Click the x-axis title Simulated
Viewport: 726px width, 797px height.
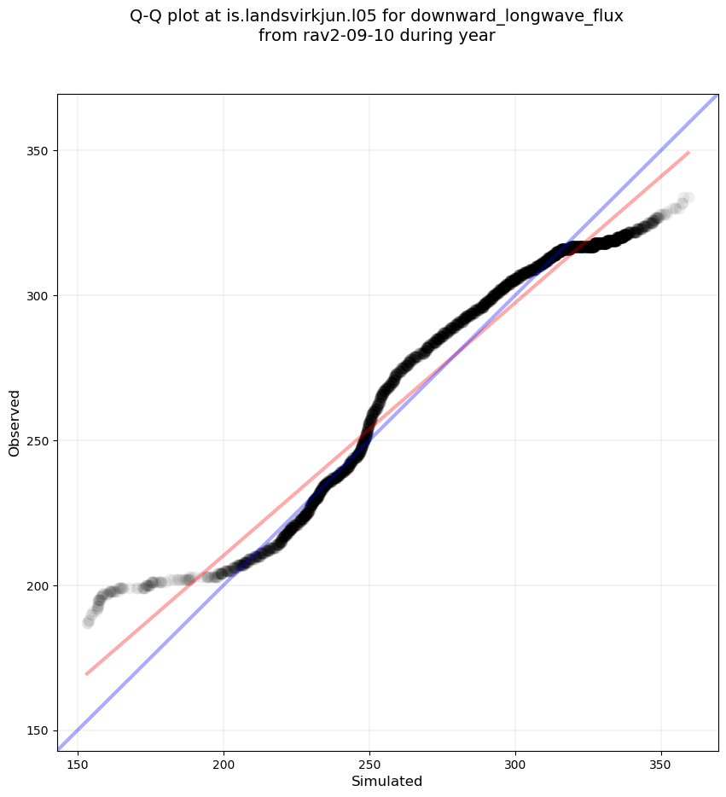click(x=386, y=781)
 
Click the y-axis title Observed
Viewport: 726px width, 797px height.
click(x=15, y=422)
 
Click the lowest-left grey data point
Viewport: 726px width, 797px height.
click(x=88, y=623)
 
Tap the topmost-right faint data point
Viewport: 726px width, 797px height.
click(x=688, y=197)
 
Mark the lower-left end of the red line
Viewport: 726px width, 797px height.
click(x=86, y=674)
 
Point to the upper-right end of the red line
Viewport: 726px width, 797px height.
click(x=688, y=153)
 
